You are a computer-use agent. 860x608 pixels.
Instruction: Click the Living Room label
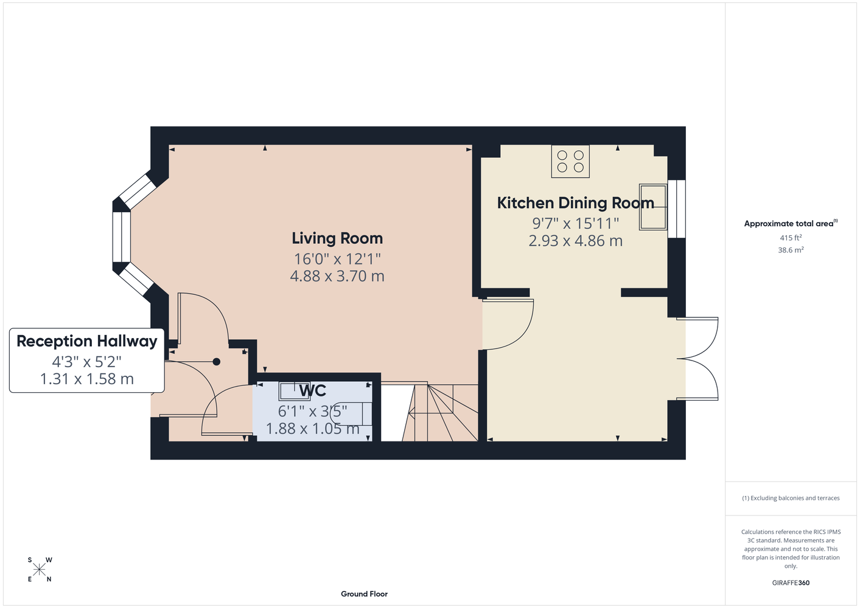pyautogui.click(x=337, y=238)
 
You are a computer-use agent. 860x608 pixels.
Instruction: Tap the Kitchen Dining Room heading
pyautogui.click(x=576, y=203)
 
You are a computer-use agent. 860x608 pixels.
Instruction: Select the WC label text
pyautogui.click(x=312, y=390)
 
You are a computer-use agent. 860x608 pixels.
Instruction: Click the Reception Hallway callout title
pyautogui.click(x=87, y=342)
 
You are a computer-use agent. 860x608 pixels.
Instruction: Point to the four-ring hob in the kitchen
pyautogui.click(x=570, y=161)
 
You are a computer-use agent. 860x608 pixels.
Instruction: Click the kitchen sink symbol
pyautogui.click(x=652, y=207)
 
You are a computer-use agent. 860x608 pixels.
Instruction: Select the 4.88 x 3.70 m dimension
pyautogui.click(x=337, y=276)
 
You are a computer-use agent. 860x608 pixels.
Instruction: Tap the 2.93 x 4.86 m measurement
pyautogui.click(x=576, y=241)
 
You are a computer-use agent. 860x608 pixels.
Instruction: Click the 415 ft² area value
pyautogui.click(x=791, y=238)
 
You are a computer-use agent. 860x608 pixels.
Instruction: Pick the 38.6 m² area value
pyautogui.click(x=791, y=250)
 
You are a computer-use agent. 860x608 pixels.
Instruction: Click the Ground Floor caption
pyautogui.click(x=364, y=594)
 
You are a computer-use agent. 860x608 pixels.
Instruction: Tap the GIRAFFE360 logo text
pyautogui.click(x=791, y=582)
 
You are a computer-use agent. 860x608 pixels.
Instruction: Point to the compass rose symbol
pyautogui.click(x=39, y=570)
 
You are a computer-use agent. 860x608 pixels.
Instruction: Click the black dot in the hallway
pyautogui.click(x=217, y=361)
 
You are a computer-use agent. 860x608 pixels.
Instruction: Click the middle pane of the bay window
pyautogui.click(x=121, y=237)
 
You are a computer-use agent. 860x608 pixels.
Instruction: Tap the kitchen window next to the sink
pyautogui.click(x=676, y=209)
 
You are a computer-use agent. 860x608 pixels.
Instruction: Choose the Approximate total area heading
pyautogui.click(x=791, y=223)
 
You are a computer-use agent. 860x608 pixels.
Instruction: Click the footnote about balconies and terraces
pyautogui.click(x=791, y=498)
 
